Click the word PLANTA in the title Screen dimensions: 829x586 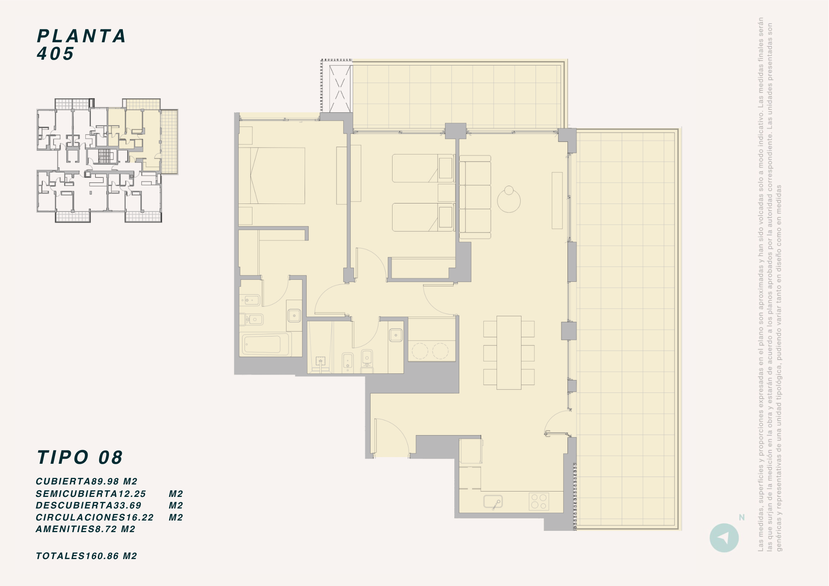(81, 36)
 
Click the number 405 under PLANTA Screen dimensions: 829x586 (56, 53)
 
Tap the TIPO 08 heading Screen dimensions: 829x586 (80, 458)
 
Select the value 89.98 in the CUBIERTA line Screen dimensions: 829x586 (105, 482)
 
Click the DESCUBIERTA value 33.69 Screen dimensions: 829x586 (128, 506)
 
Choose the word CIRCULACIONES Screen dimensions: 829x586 (81, 518)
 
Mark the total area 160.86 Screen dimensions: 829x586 (102, 556)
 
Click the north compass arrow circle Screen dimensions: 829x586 (724, 538)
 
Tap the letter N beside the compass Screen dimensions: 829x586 (742, 517)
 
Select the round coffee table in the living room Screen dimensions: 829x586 (509, 201)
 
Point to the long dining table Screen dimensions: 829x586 (509, 353)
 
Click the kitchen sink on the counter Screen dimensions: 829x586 (493, 502)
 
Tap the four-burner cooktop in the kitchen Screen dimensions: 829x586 (539, 501)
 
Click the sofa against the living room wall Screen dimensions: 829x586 (475, 197)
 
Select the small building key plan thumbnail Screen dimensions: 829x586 (107, 160)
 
